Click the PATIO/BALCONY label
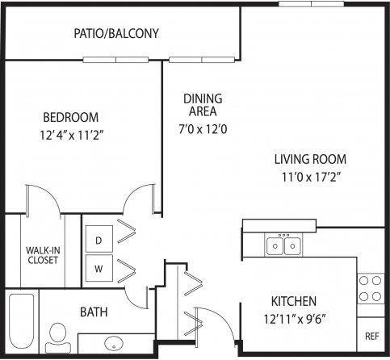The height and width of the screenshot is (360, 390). pos(115,34)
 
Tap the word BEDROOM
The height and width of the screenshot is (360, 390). pos(70,116)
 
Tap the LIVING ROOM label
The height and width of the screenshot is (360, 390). pos(310,159)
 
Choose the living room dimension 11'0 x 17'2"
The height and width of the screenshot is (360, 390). pos(310,177)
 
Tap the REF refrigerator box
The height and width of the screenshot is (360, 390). pos(371,335)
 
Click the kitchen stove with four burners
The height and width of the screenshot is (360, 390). pos(370,288)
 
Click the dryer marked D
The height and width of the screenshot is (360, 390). pos(99,241)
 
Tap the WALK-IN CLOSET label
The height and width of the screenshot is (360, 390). pos(40,255)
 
